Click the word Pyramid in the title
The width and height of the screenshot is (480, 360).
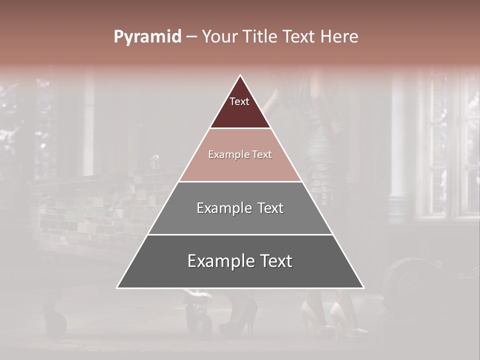pos(147,37)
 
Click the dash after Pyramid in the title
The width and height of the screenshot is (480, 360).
pos(191,37)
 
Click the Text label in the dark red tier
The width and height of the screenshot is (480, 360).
pos(239,102)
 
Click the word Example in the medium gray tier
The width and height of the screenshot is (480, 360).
pos(223,208)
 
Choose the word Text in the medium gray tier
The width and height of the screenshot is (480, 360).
pos(270,208)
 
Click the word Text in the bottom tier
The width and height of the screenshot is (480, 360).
pos(275,261)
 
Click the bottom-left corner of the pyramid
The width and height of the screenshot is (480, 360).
pos(117,287)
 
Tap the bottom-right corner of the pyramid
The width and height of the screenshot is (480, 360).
pos(363,287)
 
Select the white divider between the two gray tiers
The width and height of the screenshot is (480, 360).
pos(240,234)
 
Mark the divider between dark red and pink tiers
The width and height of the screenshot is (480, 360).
pos(240,128)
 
